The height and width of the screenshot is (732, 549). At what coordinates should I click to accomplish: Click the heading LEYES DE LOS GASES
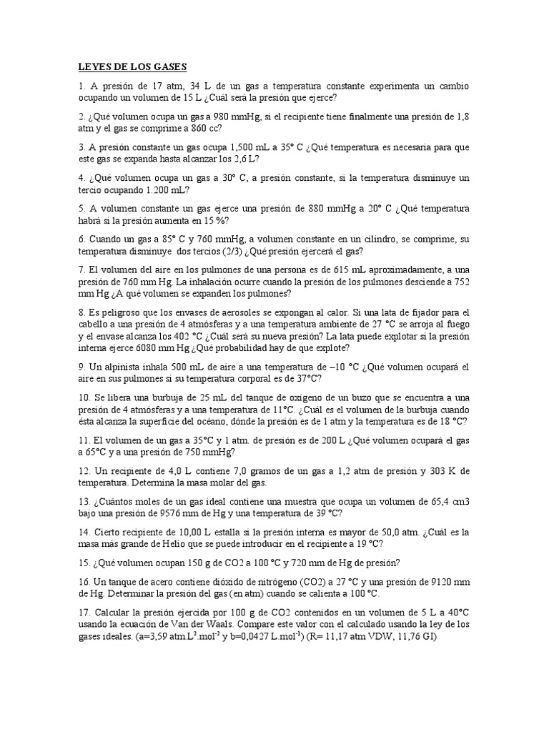coord(132,67)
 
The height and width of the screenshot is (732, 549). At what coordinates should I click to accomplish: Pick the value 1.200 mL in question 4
coord(165,190)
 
